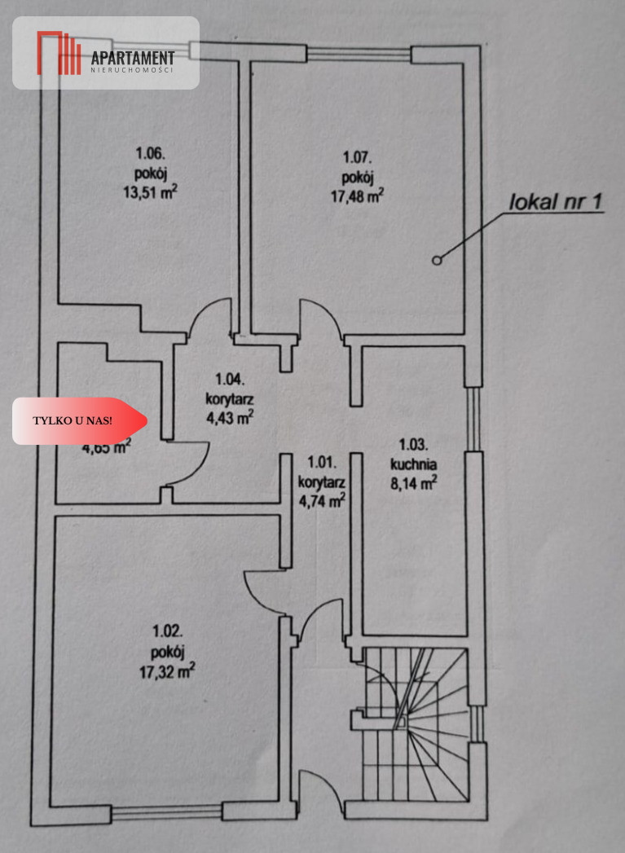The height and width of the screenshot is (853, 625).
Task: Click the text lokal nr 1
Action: click(556, 202)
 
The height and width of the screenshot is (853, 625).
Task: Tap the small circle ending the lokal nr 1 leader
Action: click(437, 261)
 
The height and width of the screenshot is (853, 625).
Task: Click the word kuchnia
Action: click(414, 465)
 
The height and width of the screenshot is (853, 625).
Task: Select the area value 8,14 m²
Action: click(414, 482)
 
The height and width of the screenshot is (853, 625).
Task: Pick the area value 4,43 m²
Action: click(229, 417)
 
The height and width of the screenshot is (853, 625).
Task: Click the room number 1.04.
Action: click(229, 378)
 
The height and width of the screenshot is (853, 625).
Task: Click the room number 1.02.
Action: click(168, 631)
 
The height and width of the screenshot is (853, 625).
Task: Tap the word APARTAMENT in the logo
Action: click(133, 57)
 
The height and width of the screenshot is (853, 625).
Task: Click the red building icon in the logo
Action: click(59, 52)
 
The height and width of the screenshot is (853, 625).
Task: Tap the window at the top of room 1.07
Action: click(359, 55)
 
